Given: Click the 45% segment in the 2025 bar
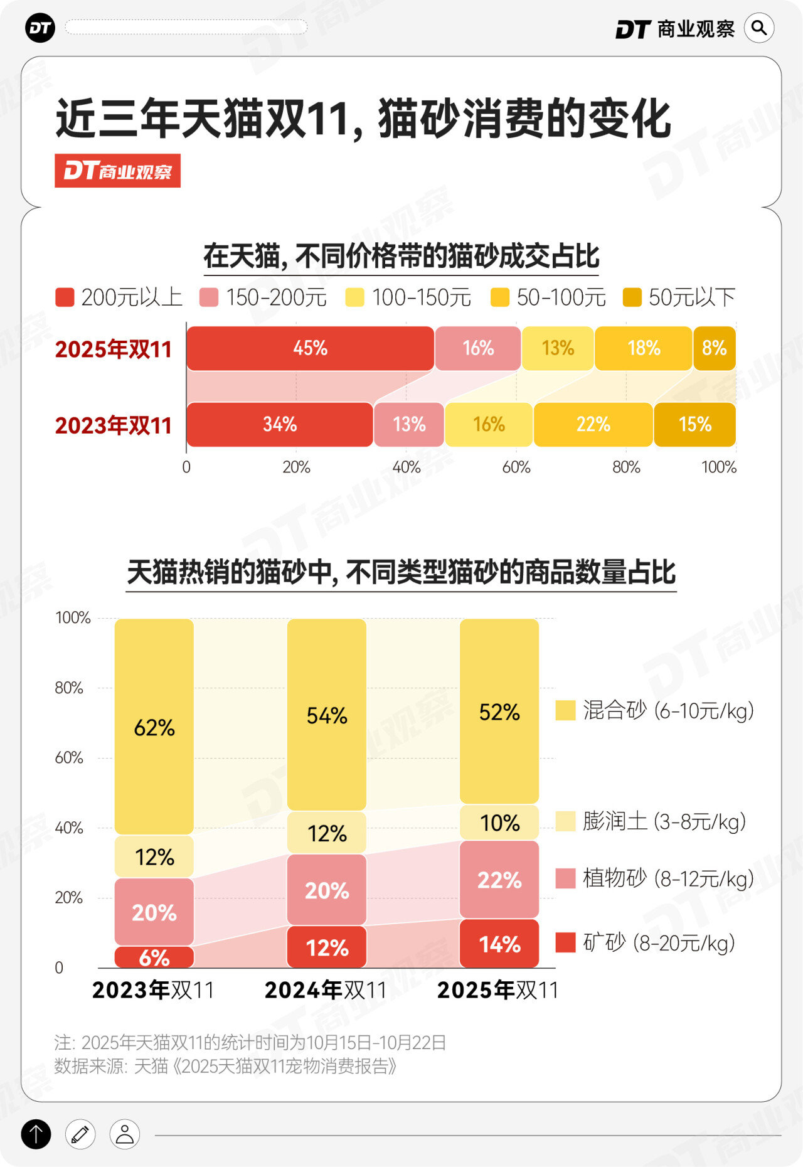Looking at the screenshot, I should click(x=311, y=348).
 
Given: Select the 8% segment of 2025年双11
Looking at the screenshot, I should click(x=714, y=348).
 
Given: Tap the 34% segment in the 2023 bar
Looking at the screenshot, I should click(x=280, y=425).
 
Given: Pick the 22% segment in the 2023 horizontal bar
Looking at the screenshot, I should click(x=593, y=425).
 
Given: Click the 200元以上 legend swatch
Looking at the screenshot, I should click(x=65, y=297).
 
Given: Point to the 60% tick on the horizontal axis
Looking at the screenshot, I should click(x=516, y=467).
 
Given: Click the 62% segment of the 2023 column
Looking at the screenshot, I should click(x=154, y=727).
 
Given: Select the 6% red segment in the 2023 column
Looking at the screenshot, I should click(x=154, y=957).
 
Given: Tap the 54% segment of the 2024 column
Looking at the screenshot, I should click(x=327, y=715).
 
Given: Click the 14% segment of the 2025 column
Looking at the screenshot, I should click(x=499, y=944).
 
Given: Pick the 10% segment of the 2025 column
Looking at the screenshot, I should click(x=499, y=823).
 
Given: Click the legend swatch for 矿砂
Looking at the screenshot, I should click(x=566, y=942).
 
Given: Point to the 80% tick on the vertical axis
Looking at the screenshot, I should click(x=69, y=688).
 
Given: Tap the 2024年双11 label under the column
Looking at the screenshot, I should click(x=326, y=990).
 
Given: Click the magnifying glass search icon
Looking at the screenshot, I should click(x=759, y=28).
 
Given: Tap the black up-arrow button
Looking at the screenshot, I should click(x=36, y=1134).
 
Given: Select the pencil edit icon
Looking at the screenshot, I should click(x=80, y=1134).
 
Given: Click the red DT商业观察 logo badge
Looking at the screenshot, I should click(x=117, y=171).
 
